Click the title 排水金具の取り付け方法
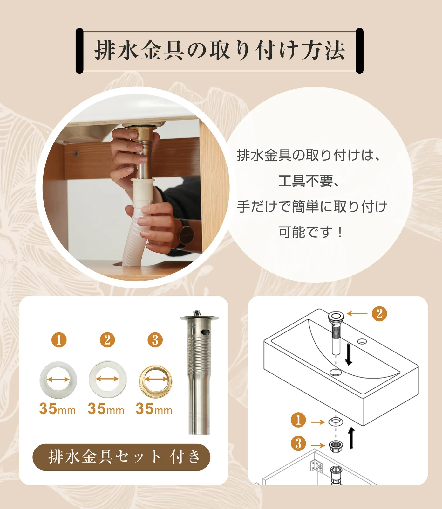pos(220,51)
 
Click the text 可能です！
pos(311,232)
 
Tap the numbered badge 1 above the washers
pos(59,340)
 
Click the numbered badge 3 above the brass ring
pos(155,340)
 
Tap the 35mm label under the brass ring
pos(154,409)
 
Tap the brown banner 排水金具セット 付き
pos(121,457)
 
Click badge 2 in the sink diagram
pos(379,313)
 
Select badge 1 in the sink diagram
pos(298,420)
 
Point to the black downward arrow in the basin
pos(349,354)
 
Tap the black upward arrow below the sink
pos(351,438)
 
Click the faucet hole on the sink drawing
pos(362,342)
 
